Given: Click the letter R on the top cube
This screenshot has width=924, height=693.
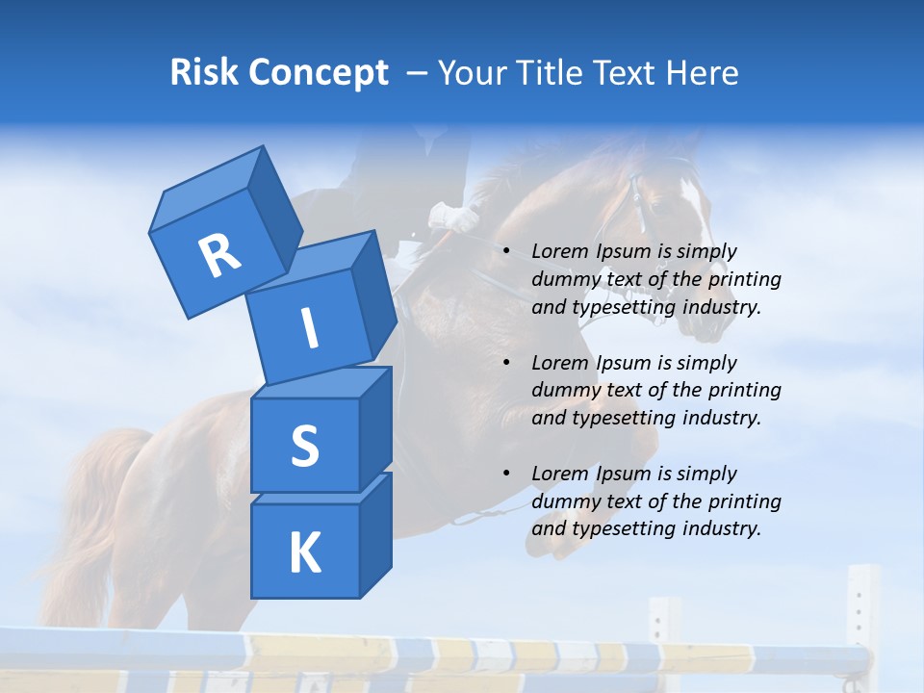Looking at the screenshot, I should (219, 255).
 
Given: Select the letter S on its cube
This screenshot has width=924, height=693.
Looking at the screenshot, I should (304, 446).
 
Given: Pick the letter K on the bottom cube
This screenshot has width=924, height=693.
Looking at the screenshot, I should (304, 552).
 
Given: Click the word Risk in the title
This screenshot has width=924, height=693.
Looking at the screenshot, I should (206, 73).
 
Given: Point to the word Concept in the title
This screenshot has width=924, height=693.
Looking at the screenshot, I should (320, 73).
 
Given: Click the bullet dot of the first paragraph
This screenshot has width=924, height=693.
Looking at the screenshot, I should (506, 252).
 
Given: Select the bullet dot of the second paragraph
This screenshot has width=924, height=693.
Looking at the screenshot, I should (506, 364).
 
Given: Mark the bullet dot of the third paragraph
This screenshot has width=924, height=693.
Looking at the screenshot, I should (506, 475).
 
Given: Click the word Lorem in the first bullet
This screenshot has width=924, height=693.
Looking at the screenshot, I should (559, 252).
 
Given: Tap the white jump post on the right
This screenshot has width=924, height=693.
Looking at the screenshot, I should (862, 616).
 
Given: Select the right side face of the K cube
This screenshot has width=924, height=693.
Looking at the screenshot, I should (375, 534).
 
